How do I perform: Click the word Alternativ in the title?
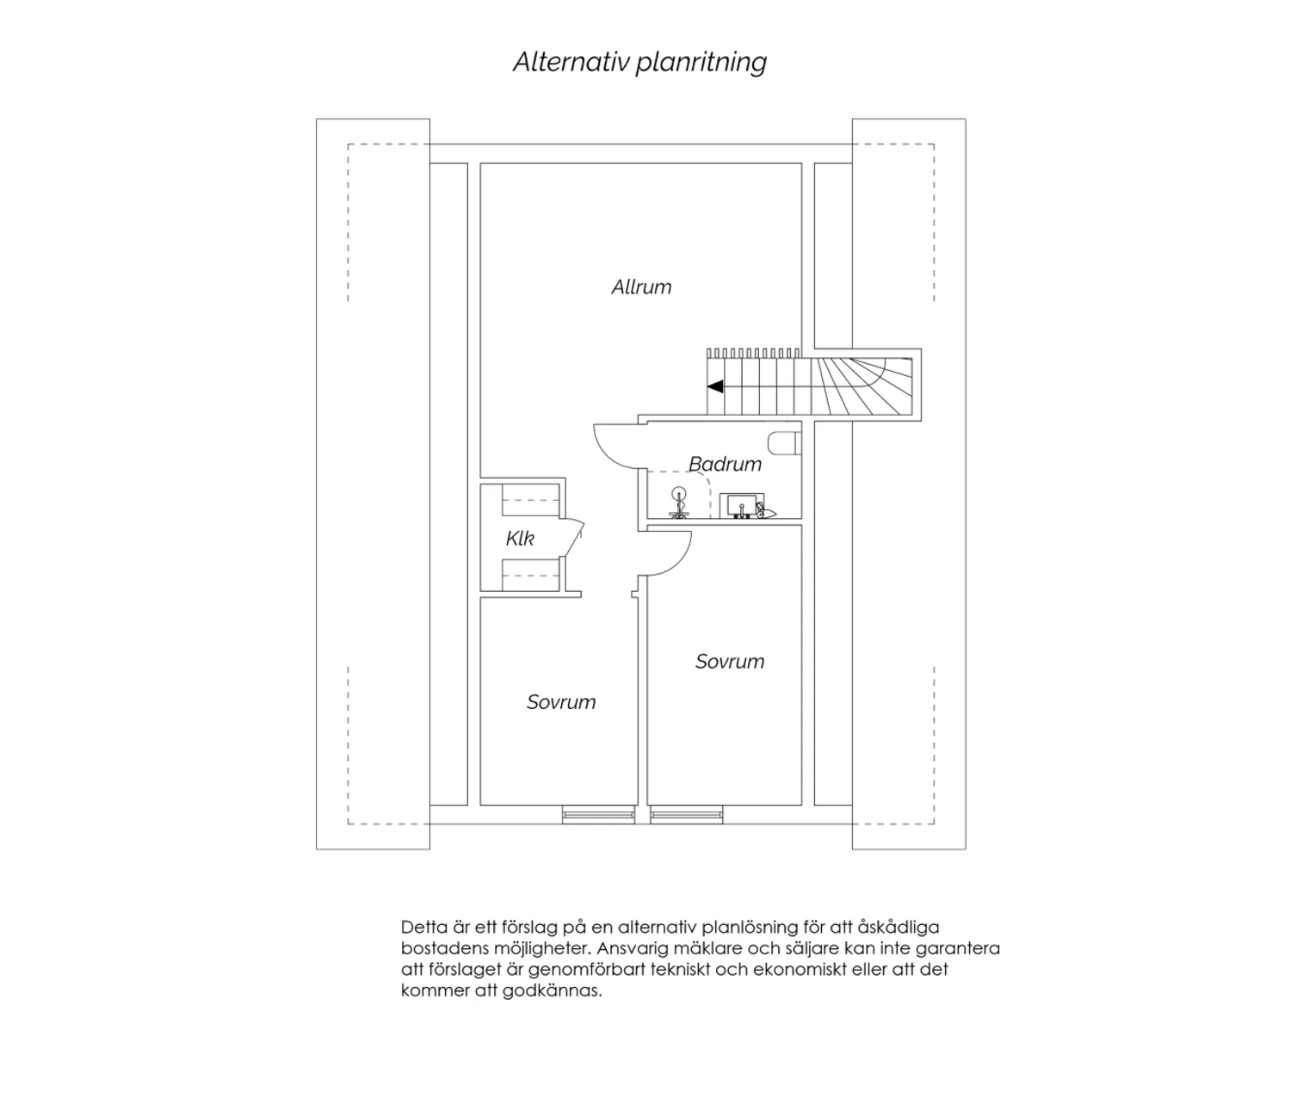coord(571,62)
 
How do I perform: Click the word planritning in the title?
coord(701,63)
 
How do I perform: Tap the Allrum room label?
coord(641,287)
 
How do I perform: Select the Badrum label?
coord(726,464)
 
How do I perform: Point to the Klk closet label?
coord(520,538)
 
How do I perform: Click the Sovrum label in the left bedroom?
coord(561,702)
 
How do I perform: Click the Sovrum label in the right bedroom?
coord(730,661)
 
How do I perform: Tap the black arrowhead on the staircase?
coord(715,386)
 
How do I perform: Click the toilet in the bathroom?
coord(784,443)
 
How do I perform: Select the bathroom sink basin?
coord(741,506)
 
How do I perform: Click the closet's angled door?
coord(575,538)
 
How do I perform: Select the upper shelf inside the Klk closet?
coord(531,500)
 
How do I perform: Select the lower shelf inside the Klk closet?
coord(531,575)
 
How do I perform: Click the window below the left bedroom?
coord(598,815)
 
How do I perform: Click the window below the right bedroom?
coord(687,815)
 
